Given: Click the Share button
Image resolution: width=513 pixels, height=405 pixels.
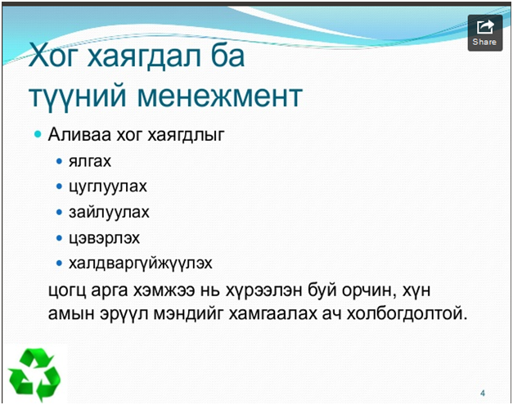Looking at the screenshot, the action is tap(485, 33).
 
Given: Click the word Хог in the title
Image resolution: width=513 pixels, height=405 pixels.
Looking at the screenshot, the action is tap(53, 55).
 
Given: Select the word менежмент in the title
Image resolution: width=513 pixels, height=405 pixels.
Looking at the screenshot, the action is tap(219, 96).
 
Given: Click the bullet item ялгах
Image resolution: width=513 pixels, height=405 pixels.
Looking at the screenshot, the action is tap(90, 161).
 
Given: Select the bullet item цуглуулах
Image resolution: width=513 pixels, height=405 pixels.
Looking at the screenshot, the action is tap(108, 187).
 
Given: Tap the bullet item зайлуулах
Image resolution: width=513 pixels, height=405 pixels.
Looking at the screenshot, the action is tap(109, 212).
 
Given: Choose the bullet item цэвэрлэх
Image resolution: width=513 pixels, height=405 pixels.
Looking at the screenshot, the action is tap(104, 238).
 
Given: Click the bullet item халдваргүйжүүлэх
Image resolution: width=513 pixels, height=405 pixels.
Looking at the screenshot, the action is tap(141, 263).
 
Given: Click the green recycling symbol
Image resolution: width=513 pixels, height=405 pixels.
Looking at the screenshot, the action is tap(34, 375).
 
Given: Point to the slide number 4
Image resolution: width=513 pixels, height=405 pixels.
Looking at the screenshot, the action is tap(483, 393).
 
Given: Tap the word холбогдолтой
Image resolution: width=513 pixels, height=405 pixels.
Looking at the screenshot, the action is tap(407, 313).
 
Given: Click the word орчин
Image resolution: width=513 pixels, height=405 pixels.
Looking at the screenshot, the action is tap(367, 290).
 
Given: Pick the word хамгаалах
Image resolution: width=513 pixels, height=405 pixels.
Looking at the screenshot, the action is tap(272, 314).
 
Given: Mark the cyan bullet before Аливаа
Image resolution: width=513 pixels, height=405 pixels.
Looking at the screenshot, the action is tap(38, 134).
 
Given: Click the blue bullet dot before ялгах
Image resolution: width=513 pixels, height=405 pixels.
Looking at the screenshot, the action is tap(59, 161).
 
